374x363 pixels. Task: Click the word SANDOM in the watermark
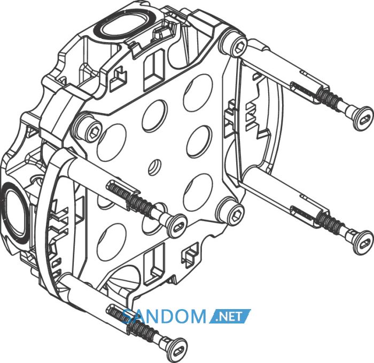(165, 316)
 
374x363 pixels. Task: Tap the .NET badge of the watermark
(230, 316)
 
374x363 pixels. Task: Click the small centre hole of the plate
(154, 167)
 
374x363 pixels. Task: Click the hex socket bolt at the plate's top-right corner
(239, 46)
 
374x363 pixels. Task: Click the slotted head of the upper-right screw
(363, 119)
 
